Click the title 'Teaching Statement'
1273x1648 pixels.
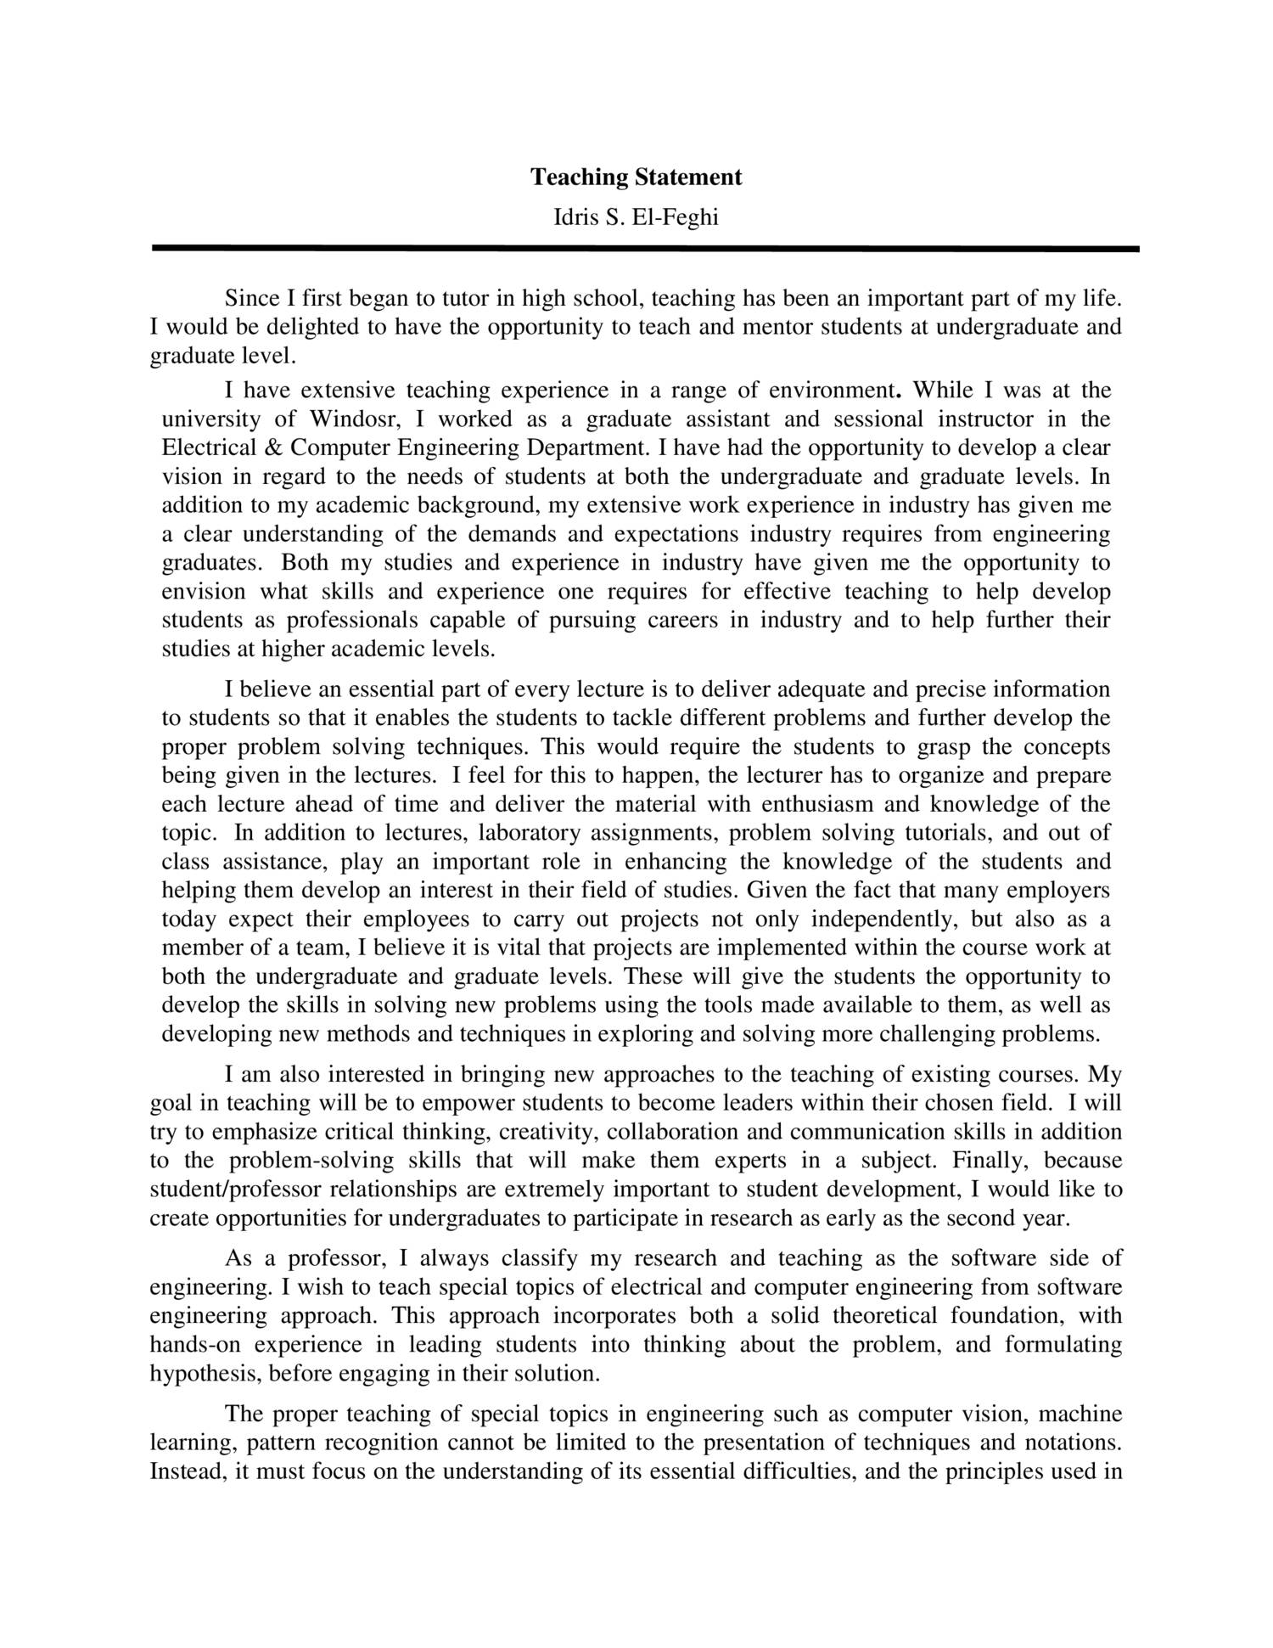[636, 177]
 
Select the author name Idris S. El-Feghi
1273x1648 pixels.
[636, 218]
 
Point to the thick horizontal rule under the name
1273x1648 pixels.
[645, 249]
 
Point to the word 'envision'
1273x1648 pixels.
[204, 591]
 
